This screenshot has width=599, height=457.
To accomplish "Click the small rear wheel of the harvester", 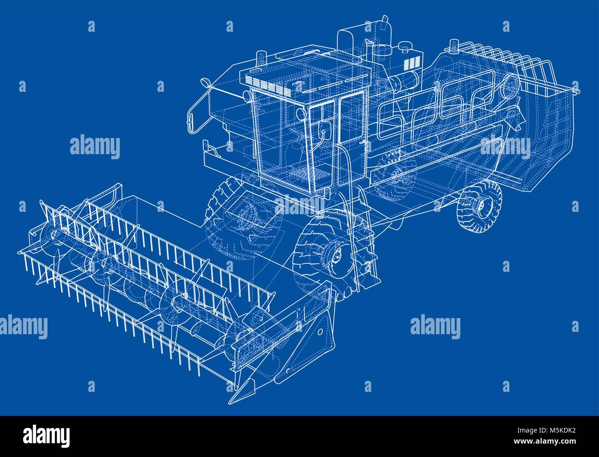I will click(479, 206).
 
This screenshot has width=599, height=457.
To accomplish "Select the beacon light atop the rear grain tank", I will click(454, 45).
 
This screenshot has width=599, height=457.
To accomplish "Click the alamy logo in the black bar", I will click(47, 435).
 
